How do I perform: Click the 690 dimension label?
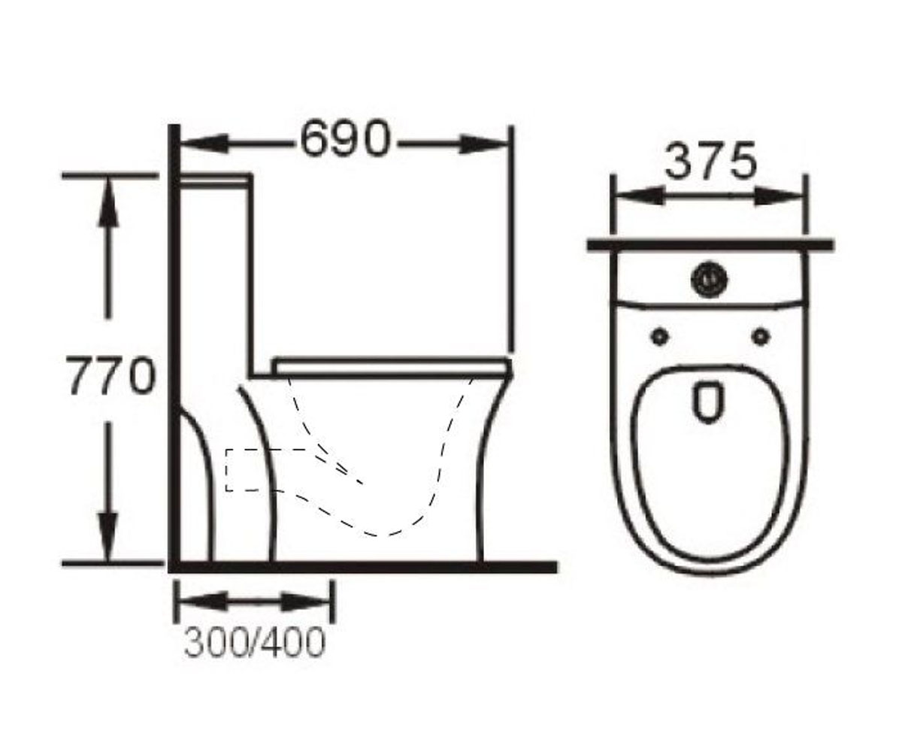(x=346, y=139)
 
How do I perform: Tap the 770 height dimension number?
(x=111, y=375)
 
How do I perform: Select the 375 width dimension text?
(x=711, y=161)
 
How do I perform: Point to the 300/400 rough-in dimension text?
(x=254, y=642)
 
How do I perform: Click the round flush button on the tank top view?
(x=709, y=280)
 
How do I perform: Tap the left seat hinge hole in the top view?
(x=660, y=336)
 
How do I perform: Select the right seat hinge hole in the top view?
(x=761, y=336)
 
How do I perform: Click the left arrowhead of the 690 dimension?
(x=203, y=144)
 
